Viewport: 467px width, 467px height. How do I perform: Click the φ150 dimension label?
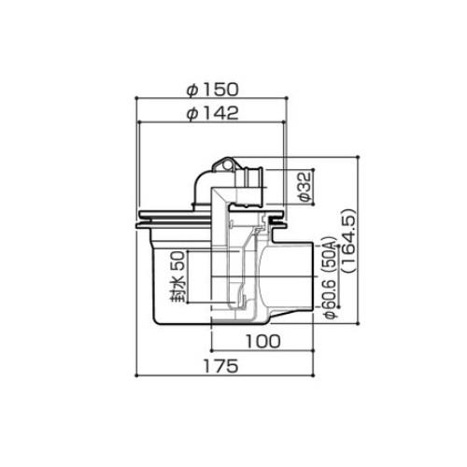tap(212, 90)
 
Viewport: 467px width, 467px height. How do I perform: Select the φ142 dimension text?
tap(212, 113)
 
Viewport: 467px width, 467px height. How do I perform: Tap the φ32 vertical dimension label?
tap(304, 187)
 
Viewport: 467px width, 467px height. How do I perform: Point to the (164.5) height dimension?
tap(348, 241)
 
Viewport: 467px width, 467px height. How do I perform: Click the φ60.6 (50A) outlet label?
tap(330, 278)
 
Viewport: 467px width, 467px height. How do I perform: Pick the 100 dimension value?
tap(263, 341)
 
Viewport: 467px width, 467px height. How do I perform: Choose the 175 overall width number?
tap(220, 366)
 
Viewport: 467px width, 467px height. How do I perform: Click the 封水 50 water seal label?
tap(177, 276)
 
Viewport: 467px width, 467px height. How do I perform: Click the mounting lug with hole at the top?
tap(223, 164)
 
